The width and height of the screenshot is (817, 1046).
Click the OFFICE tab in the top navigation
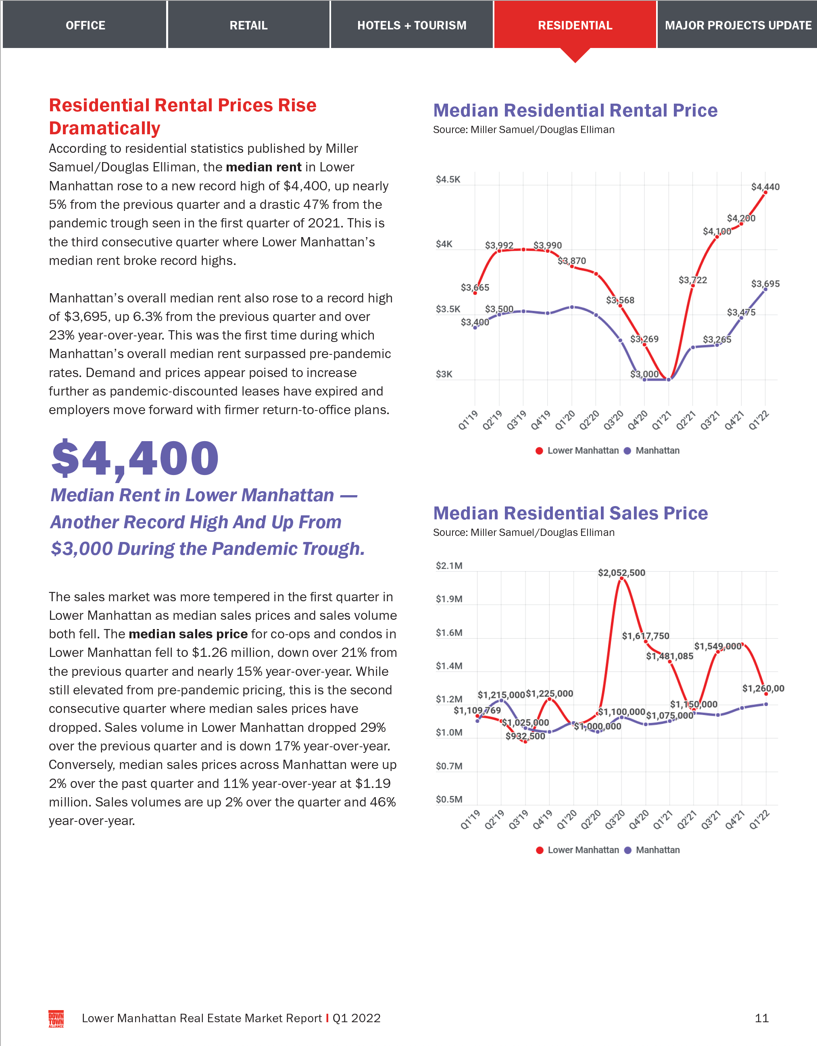click(85, 25)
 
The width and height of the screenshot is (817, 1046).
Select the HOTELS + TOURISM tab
click(411, 25)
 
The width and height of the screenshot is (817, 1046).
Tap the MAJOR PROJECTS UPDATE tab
click(738, 25)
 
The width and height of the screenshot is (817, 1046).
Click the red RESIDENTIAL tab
click(575, 25)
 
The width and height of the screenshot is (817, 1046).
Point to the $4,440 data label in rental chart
click(765, 187)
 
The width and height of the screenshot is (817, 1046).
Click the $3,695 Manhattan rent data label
click(765, 283)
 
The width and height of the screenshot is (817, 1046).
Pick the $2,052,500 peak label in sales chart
click(621, 572)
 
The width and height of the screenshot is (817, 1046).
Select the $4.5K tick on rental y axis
click(448, 179)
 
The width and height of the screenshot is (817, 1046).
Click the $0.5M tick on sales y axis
click(449, 799)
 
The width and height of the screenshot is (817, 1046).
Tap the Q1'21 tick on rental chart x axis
click(661, 420)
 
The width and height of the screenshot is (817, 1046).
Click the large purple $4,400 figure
click(135, 458)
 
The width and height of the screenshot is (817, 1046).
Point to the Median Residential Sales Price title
click(570, 513)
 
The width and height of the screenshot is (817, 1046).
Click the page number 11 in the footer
click(761, 1018)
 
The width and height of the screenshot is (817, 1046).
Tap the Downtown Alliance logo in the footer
click(56, 1018)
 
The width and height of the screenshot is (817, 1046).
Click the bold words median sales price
click(188, 633)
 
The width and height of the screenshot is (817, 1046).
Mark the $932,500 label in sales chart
click(525, 736)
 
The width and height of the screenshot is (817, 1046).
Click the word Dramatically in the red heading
click(104, 128)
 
